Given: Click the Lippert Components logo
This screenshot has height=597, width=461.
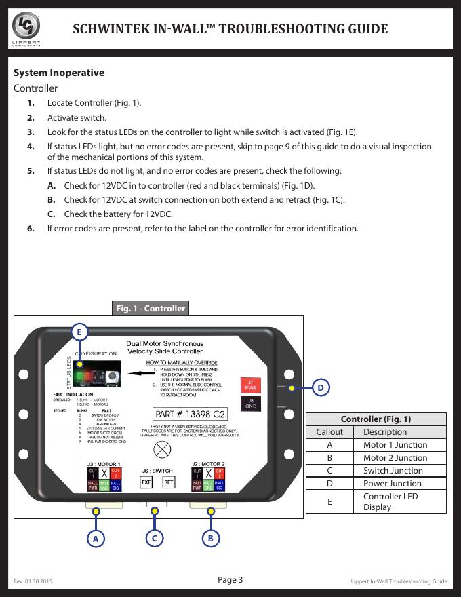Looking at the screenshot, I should click(26, 28).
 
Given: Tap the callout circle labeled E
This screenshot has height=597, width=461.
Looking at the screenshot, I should click(80, 332).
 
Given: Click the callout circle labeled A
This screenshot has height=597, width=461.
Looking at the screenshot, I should click(96, 539).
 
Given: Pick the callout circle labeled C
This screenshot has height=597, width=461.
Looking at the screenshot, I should click(155, 539).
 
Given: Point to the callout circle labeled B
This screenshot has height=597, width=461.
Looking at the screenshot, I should click(211, 539).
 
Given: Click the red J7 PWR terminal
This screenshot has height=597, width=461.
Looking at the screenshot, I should click(250, 385).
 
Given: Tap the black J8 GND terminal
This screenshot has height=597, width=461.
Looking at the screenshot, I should click(250, 404).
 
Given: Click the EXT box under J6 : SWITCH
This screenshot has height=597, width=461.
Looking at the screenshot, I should click(146, 482).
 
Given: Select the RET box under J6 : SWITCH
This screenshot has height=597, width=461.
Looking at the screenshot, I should click(169, 482).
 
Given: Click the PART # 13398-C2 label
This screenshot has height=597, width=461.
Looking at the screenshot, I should click(191, 414).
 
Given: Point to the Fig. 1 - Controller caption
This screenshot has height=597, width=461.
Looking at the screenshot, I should click(150, 308).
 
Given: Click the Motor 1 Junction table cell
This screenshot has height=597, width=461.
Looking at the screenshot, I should click(395, 445).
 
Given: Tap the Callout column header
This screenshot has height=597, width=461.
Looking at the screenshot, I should click(329, 432).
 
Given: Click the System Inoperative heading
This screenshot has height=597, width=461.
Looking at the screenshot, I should click(59, 73).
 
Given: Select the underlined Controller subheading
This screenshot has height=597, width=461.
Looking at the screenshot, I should click(36, 89).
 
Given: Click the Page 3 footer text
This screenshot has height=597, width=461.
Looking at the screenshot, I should click(230, 579).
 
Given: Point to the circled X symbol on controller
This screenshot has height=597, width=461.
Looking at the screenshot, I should click(163, 448).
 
